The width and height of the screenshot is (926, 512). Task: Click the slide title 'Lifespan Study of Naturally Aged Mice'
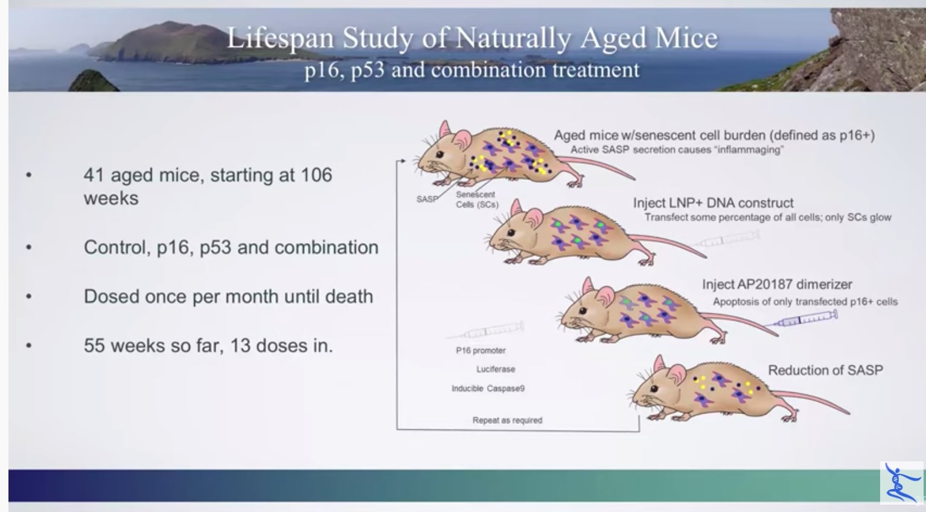click(472, 38)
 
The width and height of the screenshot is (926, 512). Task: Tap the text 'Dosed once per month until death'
click(228, 296)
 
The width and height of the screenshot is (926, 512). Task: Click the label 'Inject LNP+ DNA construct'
click(713, 203)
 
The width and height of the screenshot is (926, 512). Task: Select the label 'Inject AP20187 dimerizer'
click(777, 284)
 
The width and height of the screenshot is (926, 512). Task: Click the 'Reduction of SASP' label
click(825, 370)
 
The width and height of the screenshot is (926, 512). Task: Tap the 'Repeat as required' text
click(507, 420)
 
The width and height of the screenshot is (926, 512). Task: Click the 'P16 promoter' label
click(481, 350)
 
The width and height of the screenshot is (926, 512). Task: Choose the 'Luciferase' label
click(496, 369)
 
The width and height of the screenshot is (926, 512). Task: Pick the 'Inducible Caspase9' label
click(488, 388)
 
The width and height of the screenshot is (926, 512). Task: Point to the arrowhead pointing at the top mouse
click(401, 162)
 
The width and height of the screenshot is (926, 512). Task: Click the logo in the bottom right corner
click(901, 482)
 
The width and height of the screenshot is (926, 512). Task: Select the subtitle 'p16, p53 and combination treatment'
click(471, 70)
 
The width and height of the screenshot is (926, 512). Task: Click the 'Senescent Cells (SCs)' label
click(476, 199)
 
